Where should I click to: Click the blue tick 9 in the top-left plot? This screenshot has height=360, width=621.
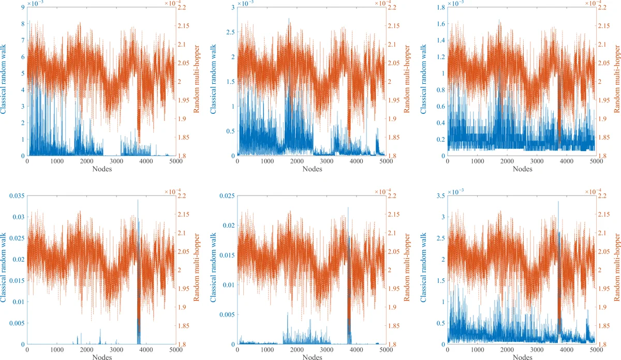tap(23, 7)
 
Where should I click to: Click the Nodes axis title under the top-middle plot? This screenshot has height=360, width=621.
tap(310, 169)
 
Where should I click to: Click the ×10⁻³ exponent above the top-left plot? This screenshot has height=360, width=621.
tap(35, 3)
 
